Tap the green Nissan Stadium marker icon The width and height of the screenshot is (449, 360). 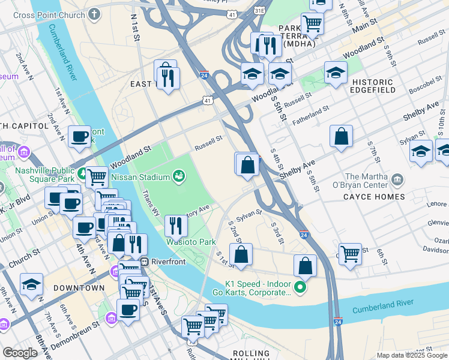coord(178,176)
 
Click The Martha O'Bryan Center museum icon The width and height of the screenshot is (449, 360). coord(397,179)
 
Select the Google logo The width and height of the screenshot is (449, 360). coord(20,352)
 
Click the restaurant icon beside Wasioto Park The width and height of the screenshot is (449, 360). coord(176,226)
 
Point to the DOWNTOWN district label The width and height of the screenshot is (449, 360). coord(75,288)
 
